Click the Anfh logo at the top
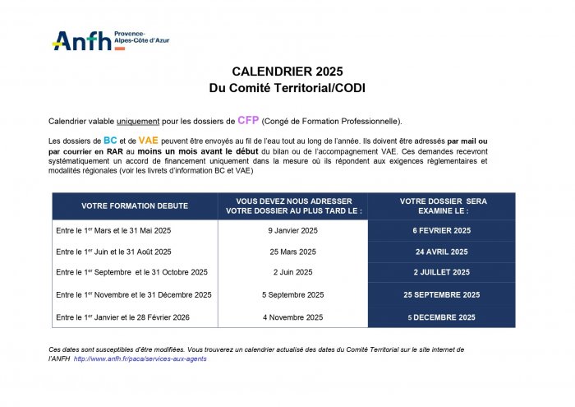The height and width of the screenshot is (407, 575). pyautogui.click(x=82, y=40)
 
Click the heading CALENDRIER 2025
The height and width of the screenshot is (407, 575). pyautogui.click(x=287, y=72)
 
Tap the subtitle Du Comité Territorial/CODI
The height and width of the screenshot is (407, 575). pyautogui.click(x=287, y=87)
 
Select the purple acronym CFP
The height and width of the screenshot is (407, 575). pyautogui.click(x=248, y=120)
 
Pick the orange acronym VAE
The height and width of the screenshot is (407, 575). pyautogui.click(x=149, y=141)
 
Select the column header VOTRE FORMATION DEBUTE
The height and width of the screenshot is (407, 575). pyautogui.click(x=135, y=206)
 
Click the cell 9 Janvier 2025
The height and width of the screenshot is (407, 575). pyautogui.click(x=292, y=230)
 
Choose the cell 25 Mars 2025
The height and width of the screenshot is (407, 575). pyautogui.click(x=292, y=252)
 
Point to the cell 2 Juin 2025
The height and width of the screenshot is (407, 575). pyautogui.click(x=292, y=272)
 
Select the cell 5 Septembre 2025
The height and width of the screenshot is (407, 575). pyautogui.click(x=292, y=294)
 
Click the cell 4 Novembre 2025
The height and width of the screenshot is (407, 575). pyautogui.click(x=292, y=317)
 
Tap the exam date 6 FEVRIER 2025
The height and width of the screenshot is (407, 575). pyautogui.click(x=442, y=230)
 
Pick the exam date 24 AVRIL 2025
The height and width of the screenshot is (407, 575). pyautogui.click(x=442, y=252)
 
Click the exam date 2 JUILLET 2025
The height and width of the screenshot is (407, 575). pyautogui.click(x=442, y=272)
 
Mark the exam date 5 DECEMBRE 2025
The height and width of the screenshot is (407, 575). pyautogui.click(x=442, y=317)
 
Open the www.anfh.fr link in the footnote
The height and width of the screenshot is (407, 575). pyautogui.click(x=140, y=359)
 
